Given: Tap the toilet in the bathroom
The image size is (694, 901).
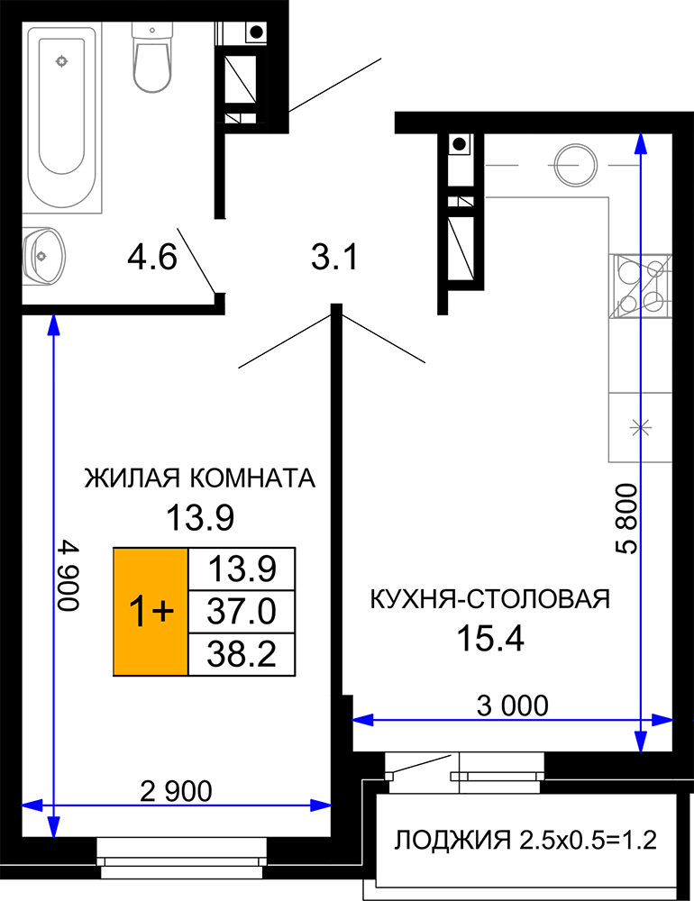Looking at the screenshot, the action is (x=151, y=57).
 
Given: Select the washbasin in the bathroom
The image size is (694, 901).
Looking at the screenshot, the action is (x=42, y=256).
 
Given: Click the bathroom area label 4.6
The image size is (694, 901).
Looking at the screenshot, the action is (x=152, y=257).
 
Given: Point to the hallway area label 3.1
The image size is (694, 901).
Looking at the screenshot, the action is (x=334, y=257).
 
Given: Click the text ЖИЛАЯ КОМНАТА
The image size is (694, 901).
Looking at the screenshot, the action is (x=200, y=478).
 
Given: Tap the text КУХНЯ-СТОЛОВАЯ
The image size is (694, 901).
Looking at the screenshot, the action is (x=490, y=599).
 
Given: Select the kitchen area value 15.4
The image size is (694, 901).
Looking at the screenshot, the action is (x=490, y=639).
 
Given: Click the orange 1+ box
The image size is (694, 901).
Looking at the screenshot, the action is (x=151, y=612).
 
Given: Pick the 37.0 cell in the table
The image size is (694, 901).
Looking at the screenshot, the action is (x=242, y=612).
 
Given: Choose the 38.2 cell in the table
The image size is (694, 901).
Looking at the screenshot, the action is (x=242, y=654).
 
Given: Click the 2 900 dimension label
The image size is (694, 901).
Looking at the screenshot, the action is (x=177, y=792).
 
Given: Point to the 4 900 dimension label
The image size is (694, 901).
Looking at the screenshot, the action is (x=68, y=576).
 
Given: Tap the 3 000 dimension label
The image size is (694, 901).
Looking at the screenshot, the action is (x=513, y=705).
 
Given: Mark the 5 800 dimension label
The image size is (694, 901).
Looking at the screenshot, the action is (x=626, y=519).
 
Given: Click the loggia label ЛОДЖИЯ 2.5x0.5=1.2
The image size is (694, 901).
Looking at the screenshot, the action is (x=525, y=840).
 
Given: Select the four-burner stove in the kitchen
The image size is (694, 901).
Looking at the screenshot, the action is (x=641, y=287).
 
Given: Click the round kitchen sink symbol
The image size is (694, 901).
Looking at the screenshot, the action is (x=576, y=166).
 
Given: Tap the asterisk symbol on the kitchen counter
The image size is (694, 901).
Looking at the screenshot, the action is (x=640, y=427).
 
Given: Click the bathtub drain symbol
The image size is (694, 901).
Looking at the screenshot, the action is (x=61, y=61).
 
